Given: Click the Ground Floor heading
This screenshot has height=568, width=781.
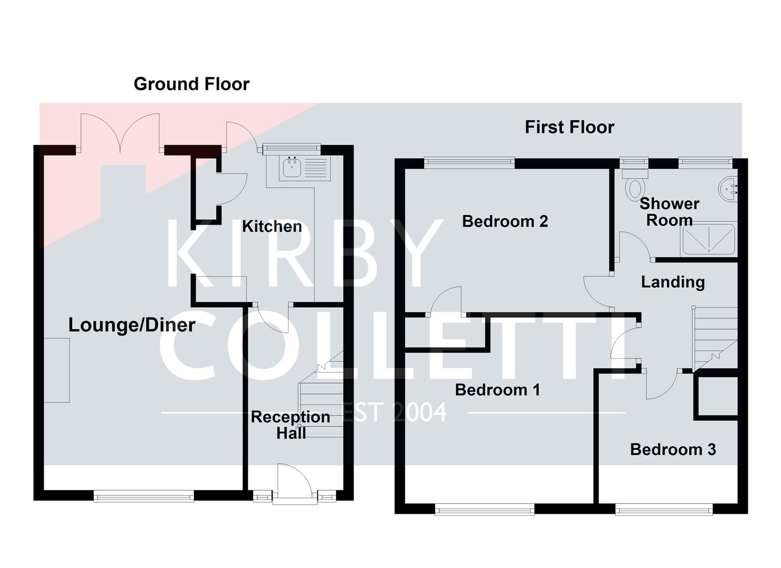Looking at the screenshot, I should [x=191, y=84].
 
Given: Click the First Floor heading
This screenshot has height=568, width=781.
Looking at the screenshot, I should [x=570, y=127].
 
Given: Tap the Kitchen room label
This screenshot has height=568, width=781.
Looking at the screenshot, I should [x=272, y=227].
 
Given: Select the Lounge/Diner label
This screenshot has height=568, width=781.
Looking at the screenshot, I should [x=132, y=325].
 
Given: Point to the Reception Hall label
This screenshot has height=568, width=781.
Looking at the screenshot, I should [x=291, y=425].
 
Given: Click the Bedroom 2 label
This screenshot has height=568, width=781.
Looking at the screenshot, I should [x=505, y=221].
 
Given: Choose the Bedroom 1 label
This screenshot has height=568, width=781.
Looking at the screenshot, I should [x=498, y=390].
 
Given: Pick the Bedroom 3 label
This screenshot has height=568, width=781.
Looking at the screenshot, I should [x=673, y=450].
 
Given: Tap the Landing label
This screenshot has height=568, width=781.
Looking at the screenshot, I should [x=673, y=282].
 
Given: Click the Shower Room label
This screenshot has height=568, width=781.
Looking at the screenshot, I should [x=669, y=212].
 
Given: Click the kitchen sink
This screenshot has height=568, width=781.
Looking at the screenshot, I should [x=291, y=167].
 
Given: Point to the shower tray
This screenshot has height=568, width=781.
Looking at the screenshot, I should [x=708, y=240].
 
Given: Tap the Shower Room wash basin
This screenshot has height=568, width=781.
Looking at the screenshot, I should [x=729, y=189].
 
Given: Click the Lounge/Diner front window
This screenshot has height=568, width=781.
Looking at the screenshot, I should [x=144, y=495].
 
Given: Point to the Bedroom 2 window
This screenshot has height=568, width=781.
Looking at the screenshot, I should [x=469, y=163].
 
